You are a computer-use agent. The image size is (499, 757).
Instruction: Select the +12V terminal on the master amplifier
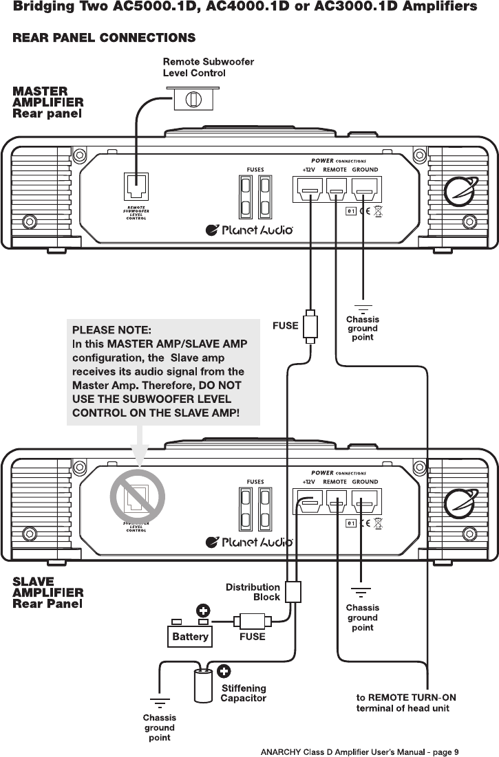coord(310,190)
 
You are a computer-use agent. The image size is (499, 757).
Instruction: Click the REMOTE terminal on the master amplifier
coord(335,190)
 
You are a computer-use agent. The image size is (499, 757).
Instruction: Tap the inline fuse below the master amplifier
coord(310,326)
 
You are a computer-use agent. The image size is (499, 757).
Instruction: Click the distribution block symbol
coord(293,592)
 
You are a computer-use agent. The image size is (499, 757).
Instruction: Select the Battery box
coord(190,636)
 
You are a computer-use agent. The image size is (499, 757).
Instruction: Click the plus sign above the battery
coord(203,610)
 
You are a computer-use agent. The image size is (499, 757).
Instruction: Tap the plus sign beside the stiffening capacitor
coord(224,672)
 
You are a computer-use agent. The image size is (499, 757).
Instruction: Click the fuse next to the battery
coord(253,621)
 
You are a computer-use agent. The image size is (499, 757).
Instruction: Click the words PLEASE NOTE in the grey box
coord(111,330)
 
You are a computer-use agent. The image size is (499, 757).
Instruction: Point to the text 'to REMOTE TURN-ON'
coord(405,697)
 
